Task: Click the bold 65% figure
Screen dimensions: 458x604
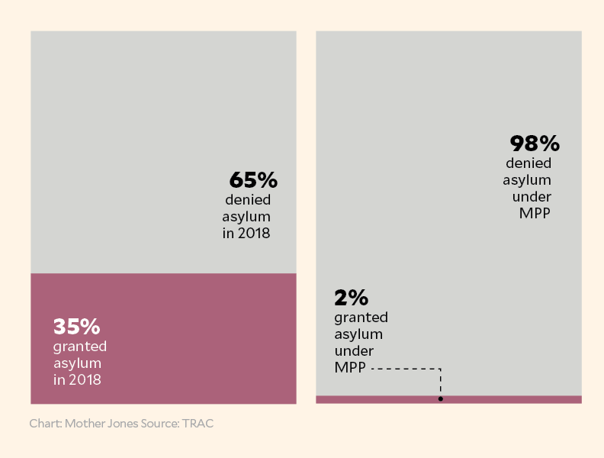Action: click(253, 181)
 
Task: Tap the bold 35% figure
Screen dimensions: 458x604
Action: click(76, 327)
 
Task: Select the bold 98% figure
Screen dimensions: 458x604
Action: click(535, 144)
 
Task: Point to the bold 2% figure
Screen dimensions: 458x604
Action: click(351, 297)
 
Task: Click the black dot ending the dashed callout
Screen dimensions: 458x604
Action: click(441, 398)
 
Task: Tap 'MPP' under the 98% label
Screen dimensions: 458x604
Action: click(535, 214)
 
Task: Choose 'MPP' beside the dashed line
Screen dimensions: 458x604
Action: click(350, 368)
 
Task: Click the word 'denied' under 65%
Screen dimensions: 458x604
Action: click(248, 200)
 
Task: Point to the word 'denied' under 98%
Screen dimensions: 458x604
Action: click(528, 163)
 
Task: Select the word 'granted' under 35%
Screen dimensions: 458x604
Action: click(80, 346)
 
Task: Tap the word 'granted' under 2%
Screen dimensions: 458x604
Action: click(361, 317)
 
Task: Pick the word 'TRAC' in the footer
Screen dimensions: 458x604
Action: click(203, 423)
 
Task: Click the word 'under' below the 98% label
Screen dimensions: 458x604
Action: click(531, 197)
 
